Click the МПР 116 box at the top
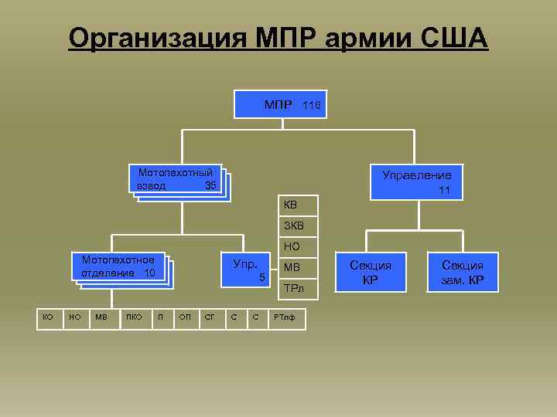click(280, 104)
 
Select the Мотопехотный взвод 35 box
click(176, 179)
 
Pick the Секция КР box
click(371, 273)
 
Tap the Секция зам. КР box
click(463, 273)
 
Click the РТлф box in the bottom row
click(285, 317)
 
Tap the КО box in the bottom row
click(48, 317)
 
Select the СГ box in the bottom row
click(209, 317)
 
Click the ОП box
click(185, 317)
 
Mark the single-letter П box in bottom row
click(160, 317)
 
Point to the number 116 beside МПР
click(311, 105)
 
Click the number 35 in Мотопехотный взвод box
click(210, 186)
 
